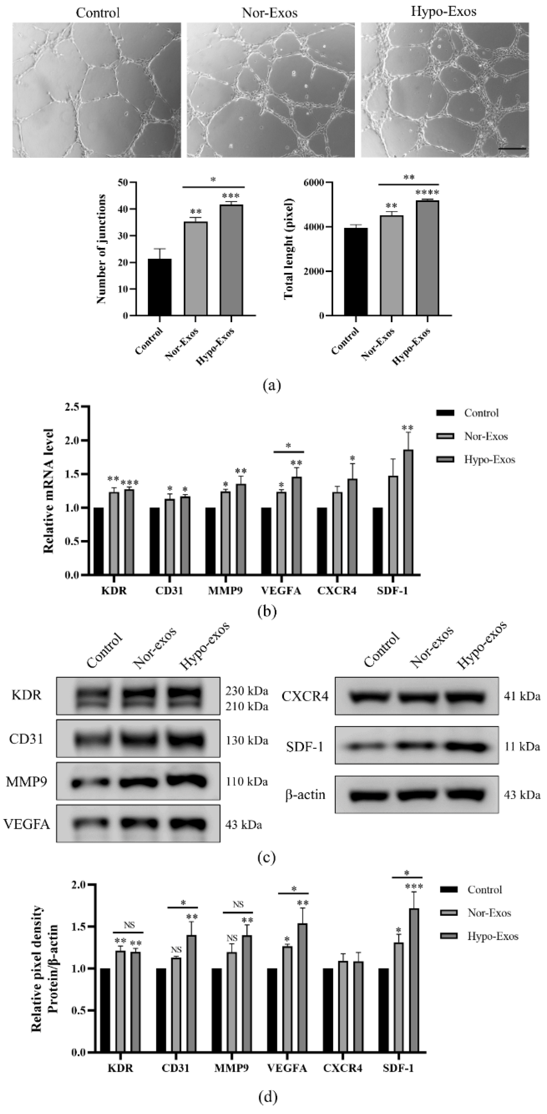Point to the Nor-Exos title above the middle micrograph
point(270,13)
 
